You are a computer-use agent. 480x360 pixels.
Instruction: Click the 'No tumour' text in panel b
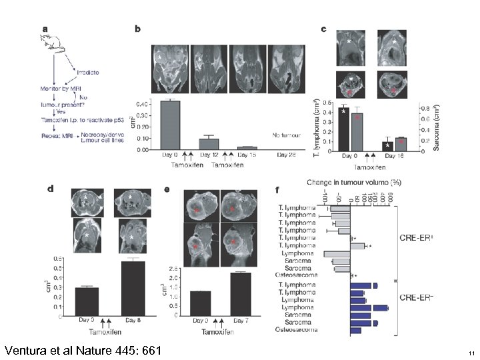tap(287, 135)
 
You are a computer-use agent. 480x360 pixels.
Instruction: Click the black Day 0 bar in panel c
tap(343, 129)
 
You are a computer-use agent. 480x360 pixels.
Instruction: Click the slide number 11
tap(471, 353)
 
